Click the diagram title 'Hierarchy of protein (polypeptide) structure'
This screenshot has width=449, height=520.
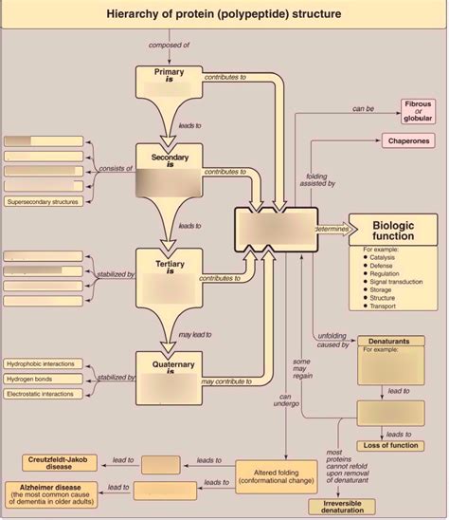224,13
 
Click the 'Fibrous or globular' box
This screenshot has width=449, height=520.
418,110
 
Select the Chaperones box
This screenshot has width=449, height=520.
409,141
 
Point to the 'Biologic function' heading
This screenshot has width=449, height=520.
392,229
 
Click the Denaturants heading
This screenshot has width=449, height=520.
387,339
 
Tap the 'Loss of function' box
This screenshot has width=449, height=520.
388,446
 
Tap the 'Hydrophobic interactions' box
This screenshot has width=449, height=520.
45,363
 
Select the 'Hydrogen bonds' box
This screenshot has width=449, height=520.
45,379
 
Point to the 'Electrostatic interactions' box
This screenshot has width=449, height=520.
45,394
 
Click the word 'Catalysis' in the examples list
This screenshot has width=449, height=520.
384,257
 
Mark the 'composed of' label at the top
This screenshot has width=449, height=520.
169,45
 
